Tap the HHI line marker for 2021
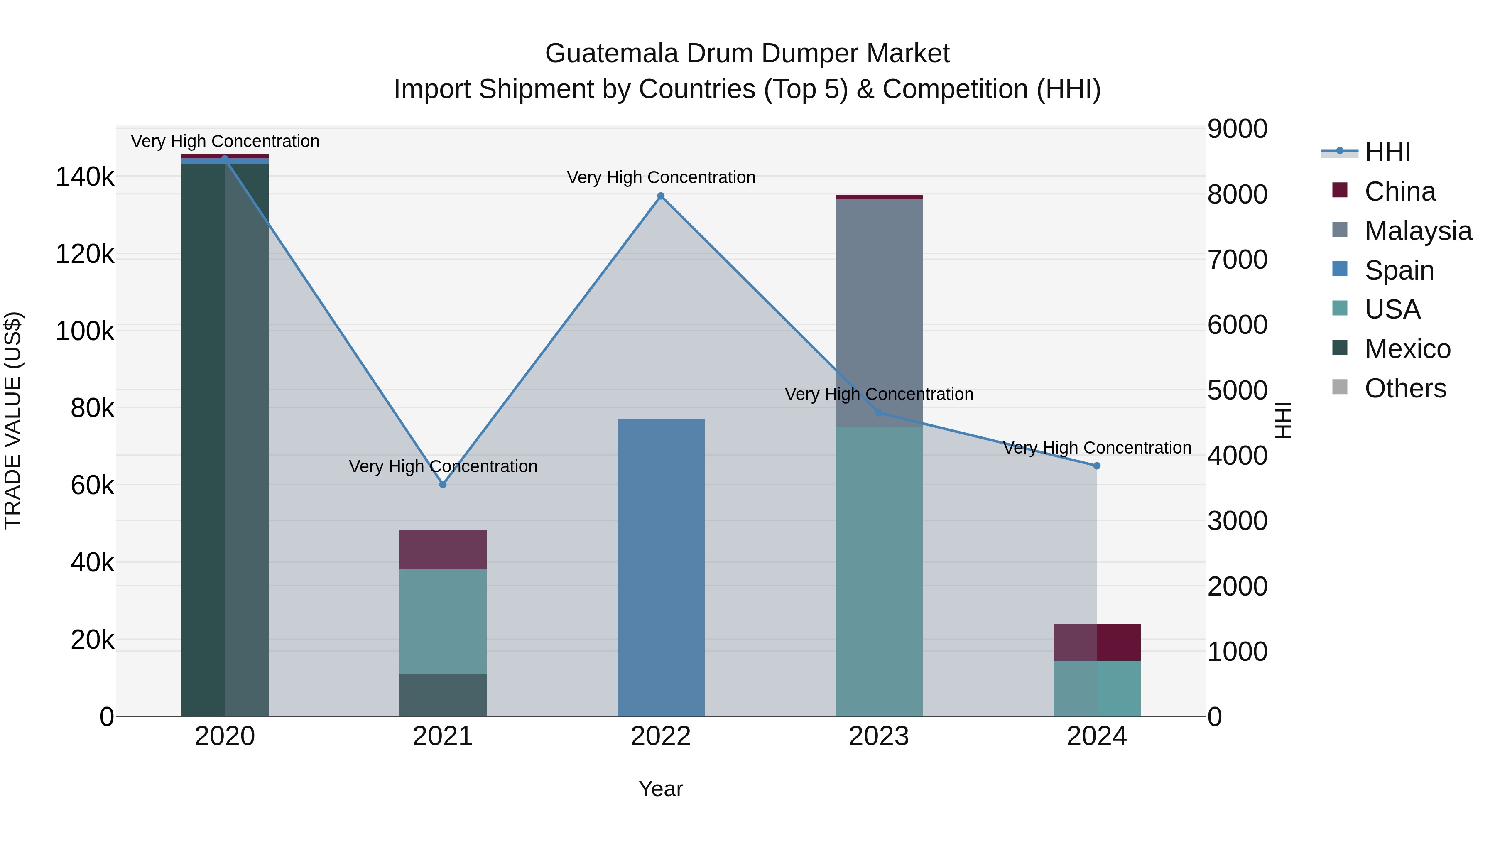(x=443, y=484)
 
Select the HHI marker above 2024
(x=1096, y=466)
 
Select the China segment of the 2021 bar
(x=443, y=549)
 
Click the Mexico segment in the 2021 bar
(x=443, y=695)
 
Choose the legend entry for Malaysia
(x=1417, y=231)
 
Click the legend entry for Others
(x=1404, y=388)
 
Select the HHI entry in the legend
(x=1387, y=152)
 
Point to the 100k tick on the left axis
(x=85, y=331)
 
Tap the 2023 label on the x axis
(x=879, y=736)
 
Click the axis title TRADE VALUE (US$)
(x=13, y=420)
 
